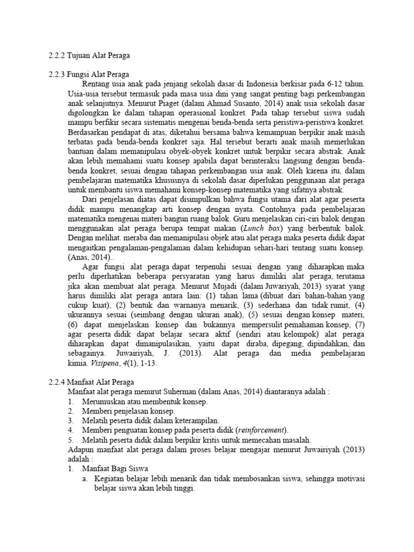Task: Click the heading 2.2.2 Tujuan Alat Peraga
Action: [x=89, y=56]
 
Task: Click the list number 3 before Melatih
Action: [x=71, y=420]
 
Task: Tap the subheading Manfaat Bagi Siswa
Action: [x=115, y=468]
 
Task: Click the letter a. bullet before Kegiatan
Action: [x=85, y=478]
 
